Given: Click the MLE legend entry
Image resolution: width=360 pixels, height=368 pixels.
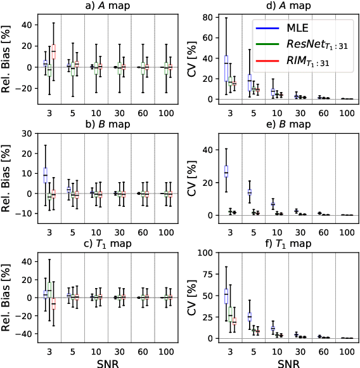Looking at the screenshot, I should pyautogui.click(x=310, y=29).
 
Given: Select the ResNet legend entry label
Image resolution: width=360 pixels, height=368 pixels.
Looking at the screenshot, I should pyautogui.click(x=316, y=44).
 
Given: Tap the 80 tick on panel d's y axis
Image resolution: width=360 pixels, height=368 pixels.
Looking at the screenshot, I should pyautogui.click(x=206, y=17).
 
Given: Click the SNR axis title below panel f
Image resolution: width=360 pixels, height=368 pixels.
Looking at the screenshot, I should pyautogui.click(x=288, y=362).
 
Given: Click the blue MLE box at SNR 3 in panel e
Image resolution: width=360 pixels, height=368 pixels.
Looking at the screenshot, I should pyautogui.click(x=226, y=171).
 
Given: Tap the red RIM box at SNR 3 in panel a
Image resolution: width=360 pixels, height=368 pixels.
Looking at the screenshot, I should pyautogui.click(x=53, y=49).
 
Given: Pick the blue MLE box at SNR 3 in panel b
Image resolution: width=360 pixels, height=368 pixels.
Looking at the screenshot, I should pyautogui.click(x=45, y=175).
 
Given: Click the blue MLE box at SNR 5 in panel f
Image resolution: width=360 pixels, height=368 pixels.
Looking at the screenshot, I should pyautogui.click(x=249, y=316).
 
